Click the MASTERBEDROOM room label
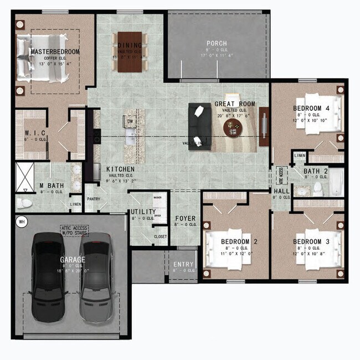click(55, 52)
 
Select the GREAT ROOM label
click(235, 104)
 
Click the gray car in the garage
click(97, 276)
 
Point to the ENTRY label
click(183, 264)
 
